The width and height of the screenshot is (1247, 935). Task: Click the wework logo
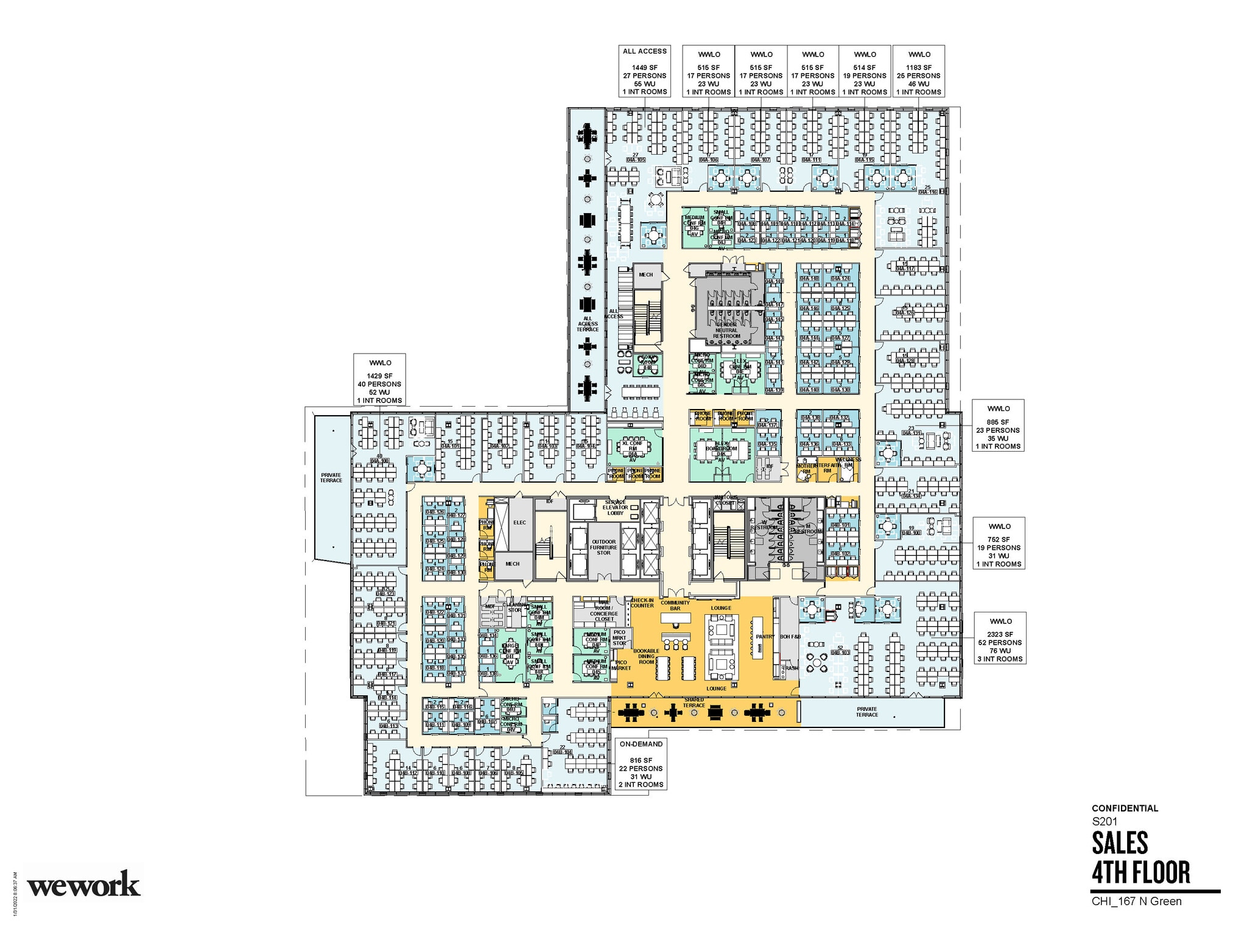[x=83, y=884]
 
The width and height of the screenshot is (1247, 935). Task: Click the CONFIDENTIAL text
[x=1125, y=808]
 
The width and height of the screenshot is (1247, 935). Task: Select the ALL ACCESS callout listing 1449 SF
[x=644, y=71]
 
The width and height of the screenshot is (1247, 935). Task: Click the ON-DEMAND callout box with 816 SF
[x=641, y=764]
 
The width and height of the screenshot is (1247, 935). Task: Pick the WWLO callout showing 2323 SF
[x=1000, y=639]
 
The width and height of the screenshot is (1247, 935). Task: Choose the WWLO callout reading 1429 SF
[x=379, y=380]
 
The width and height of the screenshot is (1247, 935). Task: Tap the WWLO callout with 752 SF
[x=998, y=544]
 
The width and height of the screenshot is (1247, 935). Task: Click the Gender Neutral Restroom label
[x=726, y=331]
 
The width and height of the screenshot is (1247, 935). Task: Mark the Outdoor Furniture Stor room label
[x=603, y=547]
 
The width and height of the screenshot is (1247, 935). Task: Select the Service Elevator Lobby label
[x=615, y=508]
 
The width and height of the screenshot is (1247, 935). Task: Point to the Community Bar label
[x=675, y=605]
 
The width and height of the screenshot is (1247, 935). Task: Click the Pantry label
[x=765, y=637]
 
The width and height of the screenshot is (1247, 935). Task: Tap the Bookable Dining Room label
[x=646, y=656]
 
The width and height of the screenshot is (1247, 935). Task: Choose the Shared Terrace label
[x=694, y=702]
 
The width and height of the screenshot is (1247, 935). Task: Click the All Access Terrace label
[x=587, y=324]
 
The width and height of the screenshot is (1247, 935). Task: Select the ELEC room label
[x=519, y=522]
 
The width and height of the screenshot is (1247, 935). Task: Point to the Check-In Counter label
[x=642, y=603]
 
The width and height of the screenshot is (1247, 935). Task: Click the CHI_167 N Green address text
[x=1136, y=902]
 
